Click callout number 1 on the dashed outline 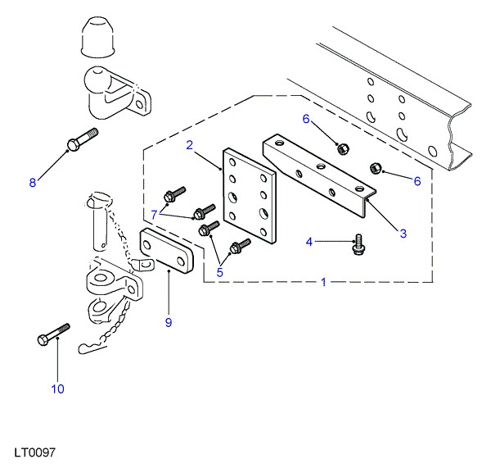click(324, 282)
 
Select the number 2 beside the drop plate click(189, 146)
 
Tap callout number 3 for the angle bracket click(403, 234)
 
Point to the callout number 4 click(309, 241)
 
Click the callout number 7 click(153, 215)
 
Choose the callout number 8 click(34, 183)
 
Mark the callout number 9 click(169, 322)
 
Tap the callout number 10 click(57, 388)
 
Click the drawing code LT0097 click(34, 452)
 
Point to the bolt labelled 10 click(52, 334)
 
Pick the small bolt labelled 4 click(358, 243)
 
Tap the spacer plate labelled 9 click(168, 253)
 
